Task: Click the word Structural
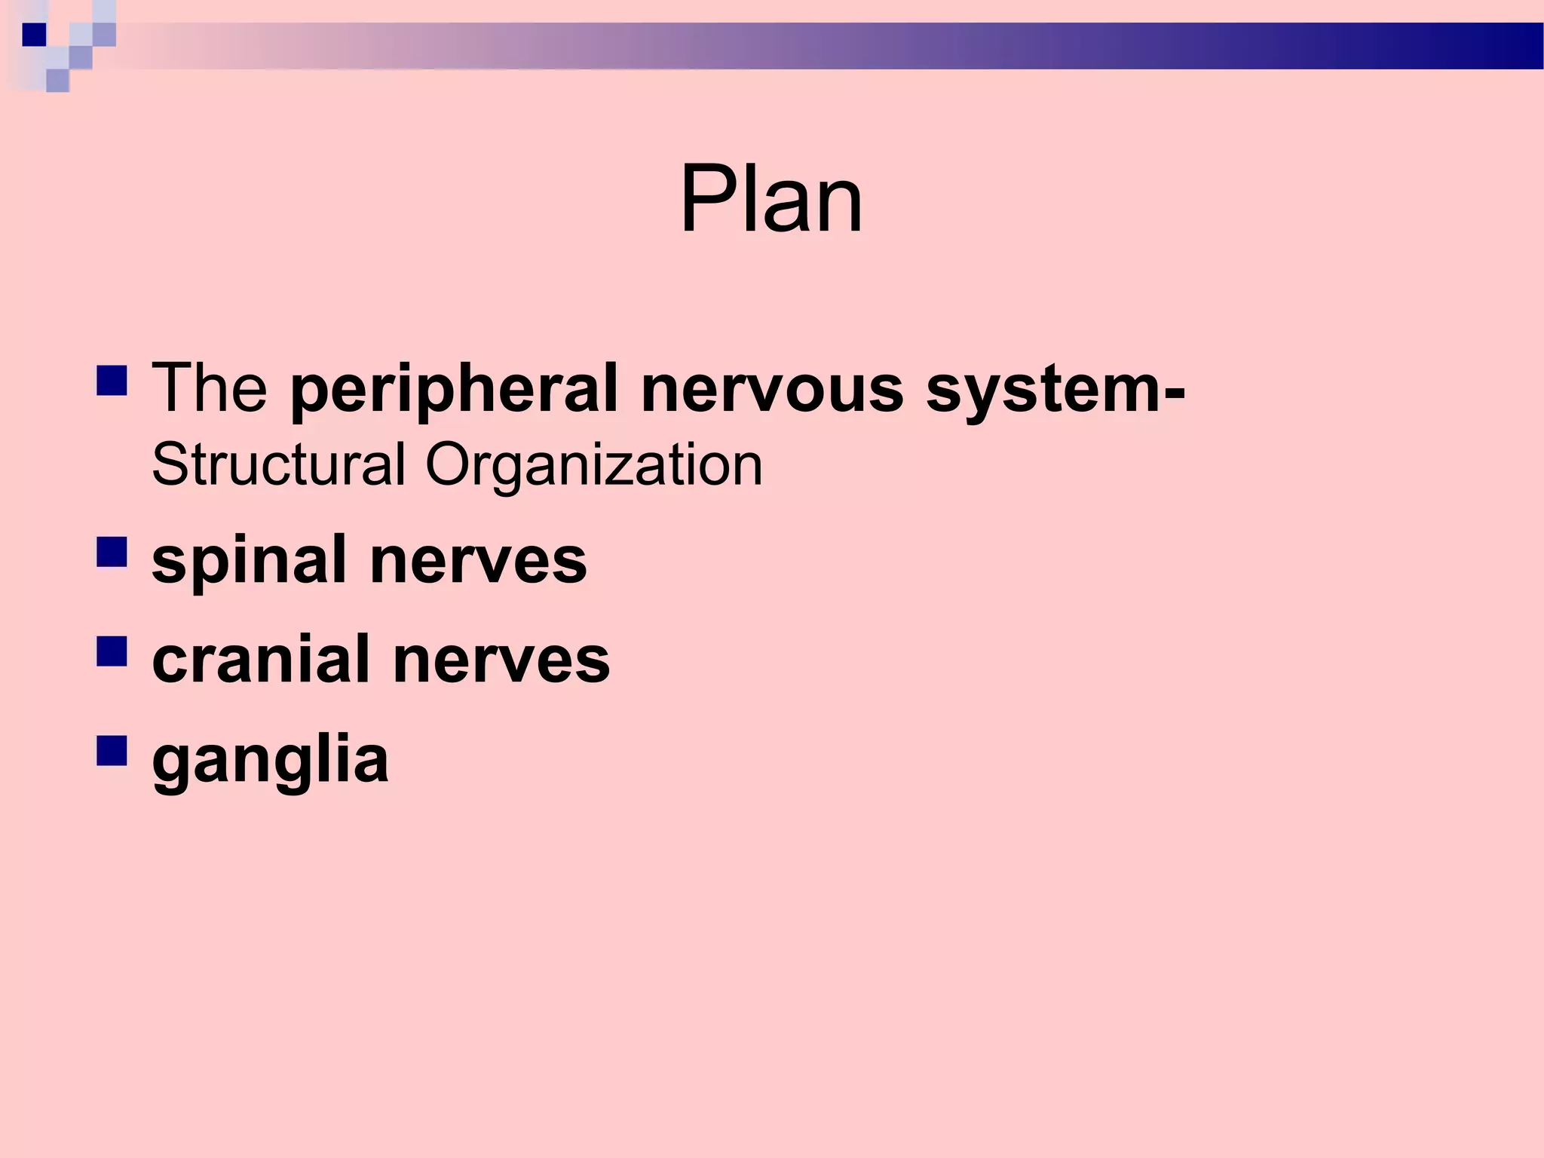tap(279, 464)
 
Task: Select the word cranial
tap(261, 660)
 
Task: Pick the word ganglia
tap(270, 760)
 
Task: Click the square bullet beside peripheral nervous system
tap(112, 381)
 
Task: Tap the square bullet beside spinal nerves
tap(112, 553)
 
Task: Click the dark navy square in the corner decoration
tap(33, 35)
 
